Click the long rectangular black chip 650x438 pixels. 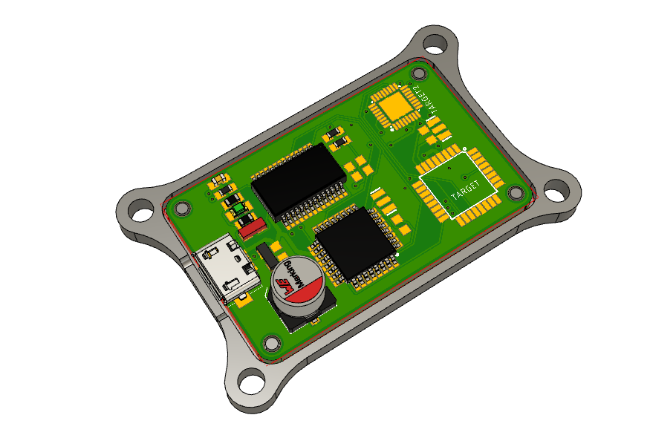coord(298,180)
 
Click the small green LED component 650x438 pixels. coord(240,211)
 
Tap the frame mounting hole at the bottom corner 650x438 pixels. coord(252,385)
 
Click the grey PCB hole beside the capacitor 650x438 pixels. coord(272,342)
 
